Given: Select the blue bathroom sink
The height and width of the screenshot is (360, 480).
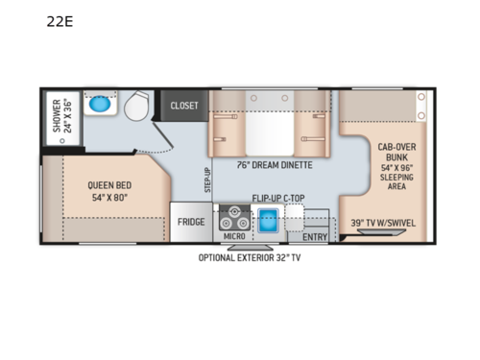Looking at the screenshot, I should [98, 105].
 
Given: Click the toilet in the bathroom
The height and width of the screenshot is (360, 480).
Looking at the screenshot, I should [134, 107].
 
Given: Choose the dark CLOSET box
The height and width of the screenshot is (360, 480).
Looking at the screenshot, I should [184, 106].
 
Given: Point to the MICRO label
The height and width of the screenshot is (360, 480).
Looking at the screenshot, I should [233, 235].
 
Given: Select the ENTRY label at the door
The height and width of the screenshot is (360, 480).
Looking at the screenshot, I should [315, 235].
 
